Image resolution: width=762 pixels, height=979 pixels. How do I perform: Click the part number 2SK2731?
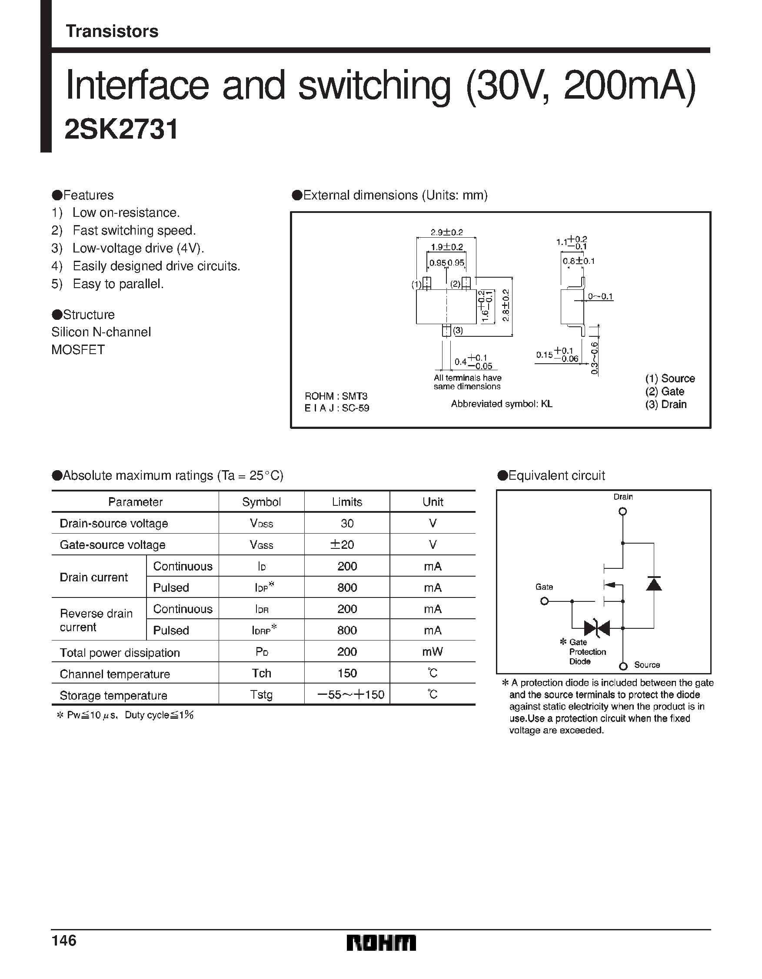pos(122,129)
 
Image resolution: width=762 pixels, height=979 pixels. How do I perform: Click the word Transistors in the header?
pos(112,31)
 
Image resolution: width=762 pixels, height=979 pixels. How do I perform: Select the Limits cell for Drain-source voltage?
pos(347,523)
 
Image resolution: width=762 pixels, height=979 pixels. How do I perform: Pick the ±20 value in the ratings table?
pos(342,544)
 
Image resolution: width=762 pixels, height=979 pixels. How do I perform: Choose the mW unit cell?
pos(433,652)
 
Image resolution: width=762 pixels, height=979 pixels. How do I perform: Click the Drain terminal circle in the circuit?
pos(622,511)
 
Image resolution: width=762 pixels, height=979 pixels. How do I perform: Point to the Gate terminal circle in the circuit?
pos(545,601)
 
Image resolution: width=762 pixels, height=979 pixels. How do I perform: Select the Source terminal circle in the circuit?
pos(623,667)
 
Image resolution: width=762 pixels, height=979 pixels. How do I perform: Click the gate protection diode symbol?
pos(597,628)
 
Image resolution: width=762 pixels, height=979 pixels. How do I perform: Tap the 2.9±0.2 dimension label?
pos(446,232)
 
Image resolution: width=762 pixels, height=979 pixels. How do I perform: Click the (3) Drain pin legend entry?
pos(666,404)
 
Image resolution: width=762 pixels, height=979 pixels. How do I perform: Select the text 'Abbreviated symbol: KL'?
pos(502,404)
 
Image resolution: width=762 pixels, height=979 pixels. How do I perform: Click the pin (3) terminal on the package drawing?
pos(446,331)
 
